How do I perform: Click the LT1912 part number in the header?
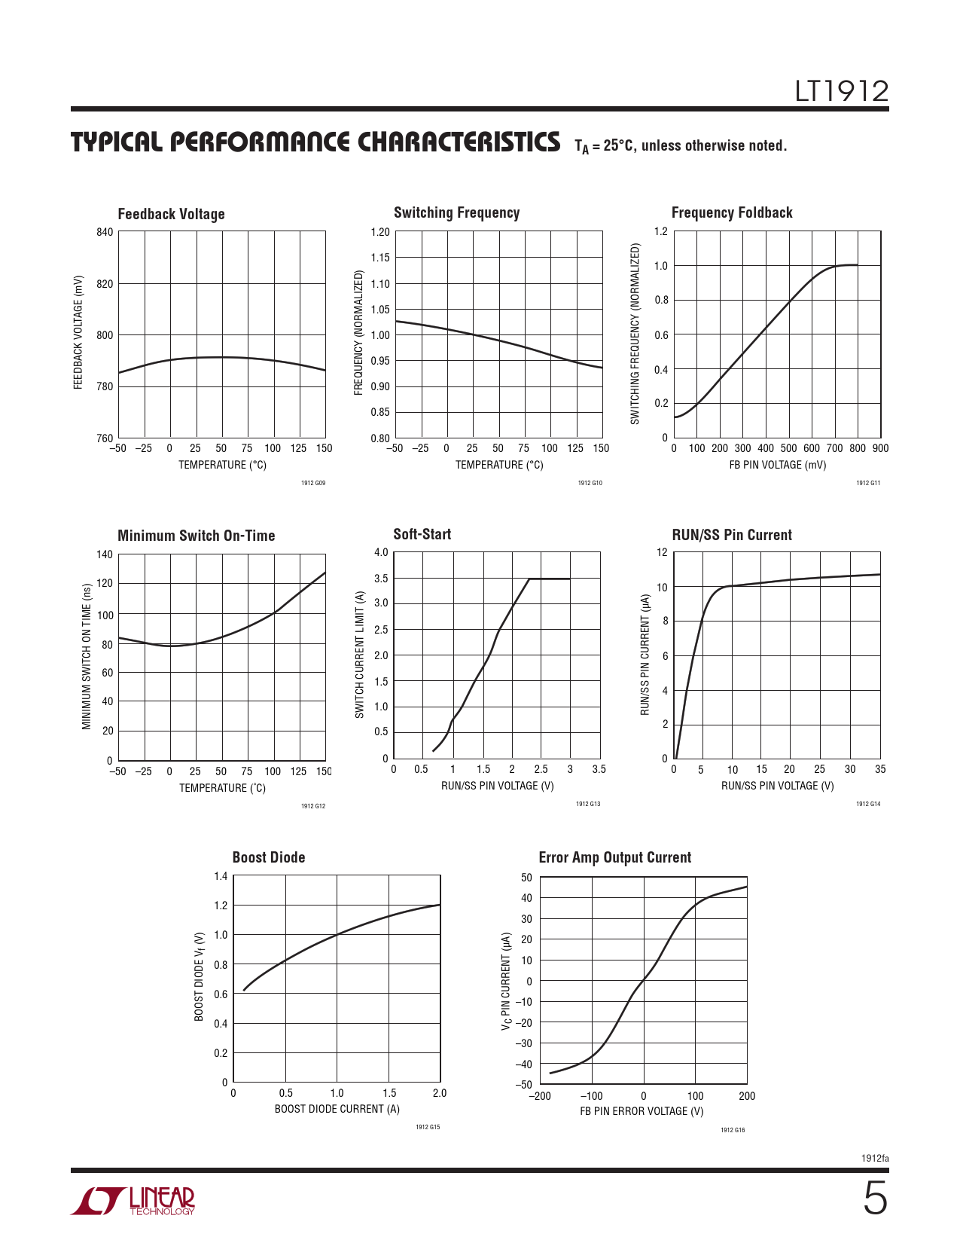coord(841,92)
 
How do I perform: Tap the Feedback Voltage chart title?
coord(171,214)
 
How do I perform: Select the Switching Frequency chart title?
coord(456,212)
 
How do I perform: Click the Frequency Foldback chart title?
coord(732,212)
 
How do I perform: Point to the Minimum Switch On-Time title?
coord(196,536)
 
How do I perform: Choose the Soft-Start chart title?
coord(422,534)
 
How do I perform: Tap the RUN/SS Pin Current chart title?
coord(731,535)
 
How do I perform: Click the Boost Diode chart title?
coord(269,857)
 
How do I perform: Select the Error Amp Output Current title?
coord(614,857)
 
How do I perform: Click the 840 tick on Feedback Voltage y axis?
coord(105,232)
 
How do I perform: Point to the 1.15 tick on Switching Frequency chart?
coord(380,258)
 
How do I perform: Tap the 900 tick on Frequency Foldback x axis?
coord(880,448)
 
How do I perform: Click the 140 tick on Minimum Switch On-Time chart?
coord(105,554)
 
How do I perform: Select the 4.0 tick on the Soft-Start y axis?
coord(381,552)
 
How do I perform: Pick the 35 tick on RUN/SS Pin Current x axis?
coord(880,769)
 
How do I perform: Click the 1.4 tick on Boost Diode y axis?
coord(220,876)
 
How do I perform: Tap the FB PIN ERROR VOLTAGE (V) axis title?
coord(642,1111)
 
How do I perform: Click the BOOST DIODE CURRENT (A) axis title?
coord(337,1109)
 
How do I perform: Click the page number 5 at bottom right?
coord(874,1199)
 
